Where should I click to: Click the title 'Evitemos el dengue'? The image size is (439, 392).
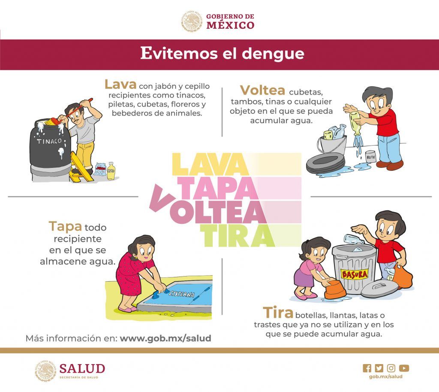click(222, 53)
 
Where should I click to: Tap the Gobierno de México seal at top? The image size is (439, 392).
click(192, 21)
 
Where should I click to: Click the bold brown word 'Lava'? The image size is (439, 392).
click(120, 84)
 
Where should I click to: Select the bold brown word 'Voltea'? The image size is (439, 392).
click(262, 90)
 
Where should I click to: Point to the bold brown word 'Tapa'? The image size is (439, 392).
click(65, 227)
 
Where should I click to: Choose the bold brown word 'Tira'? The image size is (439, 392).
click(278, 313)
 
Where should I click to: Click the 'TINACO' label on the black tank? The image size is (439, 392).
click(49, 141)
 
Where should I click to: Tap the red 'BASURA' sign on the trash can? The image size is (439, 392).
click(354, 274)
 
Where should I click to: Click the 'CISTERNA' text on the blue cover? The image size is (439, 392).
click(182, 293)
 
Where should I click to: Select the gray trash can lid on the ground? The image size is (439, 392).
click(379, 288)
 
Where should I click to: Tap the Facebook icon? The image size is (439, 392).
click(367, 368)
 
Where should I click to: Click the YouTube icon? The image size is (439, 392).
click(404, 368)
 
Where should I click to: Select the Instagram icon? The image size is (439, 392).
click(391, 368)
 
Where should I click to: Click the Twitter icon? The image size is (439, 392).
click(379, 368)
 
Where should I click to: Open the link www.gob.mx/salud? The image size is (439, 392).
click(165, 338)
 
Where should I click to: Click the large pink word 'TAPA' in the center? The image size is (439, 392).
click(218, 188)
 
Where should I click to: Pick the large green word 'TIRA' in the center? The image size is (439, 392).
click(238, 236)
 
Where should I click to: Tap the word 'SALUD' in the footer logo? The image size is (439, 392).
click(82, 368)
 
